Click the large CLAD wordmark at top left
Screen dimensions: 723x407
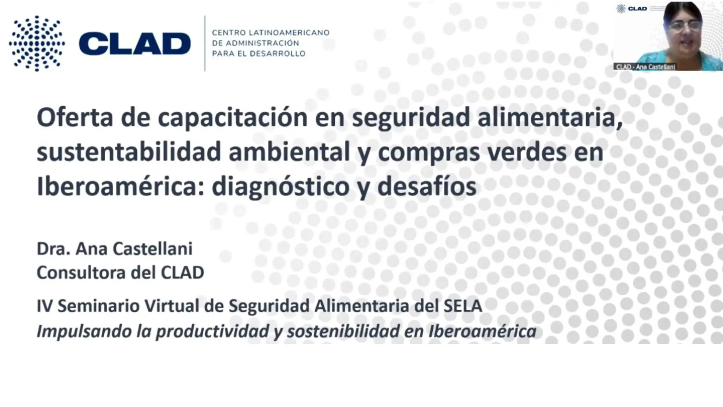click(x=135, y=44)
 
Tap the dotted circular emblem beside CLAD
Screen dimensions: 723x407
click(x=37, y=43)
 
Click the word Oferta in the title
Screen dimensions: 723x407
click(x=75, y=117)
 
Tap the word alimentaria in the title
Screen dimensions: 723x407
click(x=550, y=117)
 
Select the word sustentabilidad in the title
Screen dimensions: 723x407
click(x=129, y=151)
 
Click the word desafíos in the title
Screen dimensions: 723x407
click(x=427, y=186)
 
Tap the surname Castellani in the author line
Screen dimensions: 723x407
click(x=153, y=249)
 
